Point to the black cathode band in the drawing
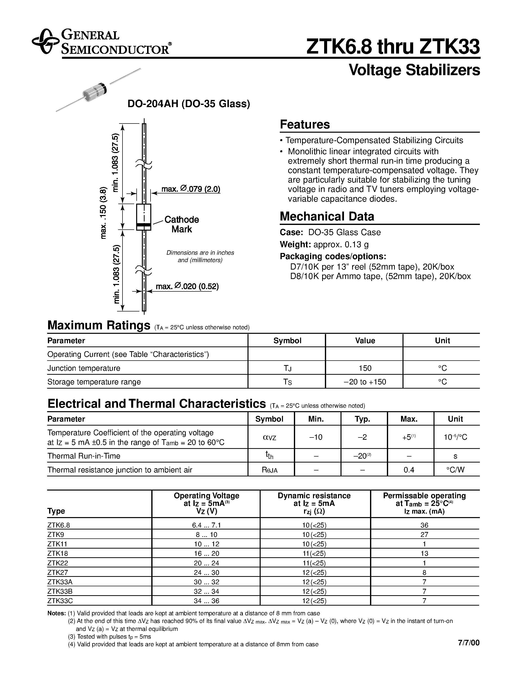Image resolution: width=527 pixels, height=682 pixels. [x=144, y=225]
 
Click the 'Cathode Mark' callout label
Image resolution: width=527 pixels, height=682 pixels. [x=182, y=224]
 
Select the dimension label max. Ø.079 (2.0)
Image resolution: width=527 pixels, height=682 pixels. [x=191, y=189]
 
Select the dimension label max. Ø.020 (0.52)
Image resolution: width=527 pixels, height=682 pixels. [x=187, y=286]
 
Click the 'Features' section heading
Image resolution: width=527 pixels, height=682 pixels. [x=305, y=124]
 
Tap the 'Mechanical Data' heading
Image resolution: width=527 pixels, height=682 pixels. [x=327, y=217]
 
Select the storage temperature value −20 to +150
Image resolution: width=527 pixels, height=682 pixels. [x=365, y=382]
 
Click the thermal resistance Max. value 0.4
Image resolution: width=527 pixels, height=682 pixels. [x=409, y=470]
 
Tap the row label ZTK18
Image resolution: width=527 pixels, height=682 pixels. [x=58, y=553]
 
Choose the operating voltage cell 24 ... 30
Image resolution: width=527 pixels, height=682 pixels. [x=206, y=572]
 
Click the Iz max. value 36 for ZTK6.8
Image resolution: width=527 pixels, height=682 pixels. [x=424, y=525]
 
